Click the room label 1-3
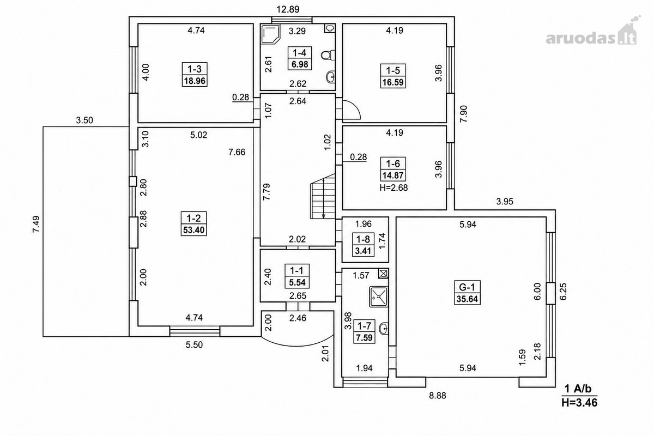point(195,69)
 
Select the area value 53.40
point(194,230)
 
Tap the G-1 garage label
point(467,287)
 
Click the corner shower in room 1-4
point(270,34)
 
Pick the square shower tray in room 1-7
point(379,296)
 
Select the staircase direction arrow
point(324,199)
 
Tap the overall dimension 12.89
point(288,9)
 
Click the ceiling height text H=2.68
point(393,187)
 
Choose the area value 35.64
point(467,299)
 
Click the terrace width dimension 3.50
point(84,120)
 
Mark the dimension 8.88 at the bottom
point(437,396)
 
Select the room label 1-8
point(363,239)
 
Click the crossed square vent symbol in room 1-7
point(383,274)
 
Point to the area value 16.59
point(393,82)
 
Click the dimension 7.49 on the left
point(36,224)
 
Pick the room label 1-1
point(296,271)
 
